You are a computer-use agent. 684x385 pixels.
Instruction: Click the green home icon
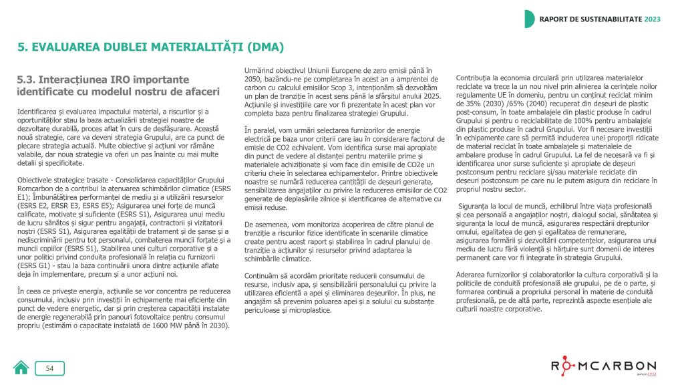[x=21, y=368]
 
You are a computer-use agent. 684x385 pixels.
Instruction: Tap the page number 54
[x=49, y=368]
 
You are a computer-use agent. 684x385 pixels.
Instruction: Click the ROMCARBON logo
[x=603, y=366]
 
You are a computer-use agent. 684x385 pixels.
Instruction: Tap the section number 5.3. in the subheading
[x=31, y=80]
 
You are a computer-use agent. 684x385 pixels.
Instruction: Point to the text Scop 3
[x=362, y=88]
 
